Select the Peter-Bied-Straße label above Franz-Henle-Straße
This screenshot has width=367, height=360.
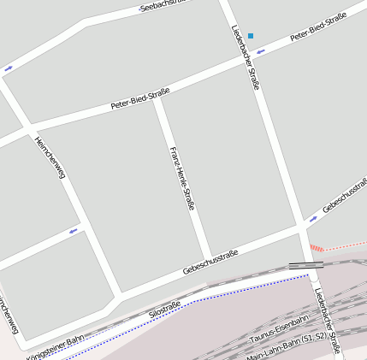coord(140,98)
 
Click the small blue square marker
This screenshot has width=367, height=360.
coord(251,36)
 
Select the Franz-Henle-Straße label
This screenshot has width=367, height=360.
coord(182,178)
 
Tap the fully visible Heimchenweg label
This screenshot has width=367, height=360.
coord(50,158)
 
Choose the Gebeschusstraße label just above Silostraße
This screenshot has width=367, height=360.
coord(210,263)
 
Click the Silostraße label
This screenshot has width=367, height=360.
coord(164,310)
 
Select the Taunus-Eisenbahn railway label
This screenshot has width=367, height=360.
coord(278,332)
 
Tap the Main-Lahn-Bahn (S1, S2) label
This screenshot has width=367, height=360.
coord(287,346)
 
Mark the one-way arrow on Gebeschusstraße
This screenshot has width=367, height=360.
coord(312,218)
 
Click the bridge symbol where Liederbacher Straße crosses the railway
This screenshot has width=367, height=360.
coord(305,266)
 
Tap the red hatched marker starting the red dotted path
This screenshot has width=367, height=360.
coord(317,249)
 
